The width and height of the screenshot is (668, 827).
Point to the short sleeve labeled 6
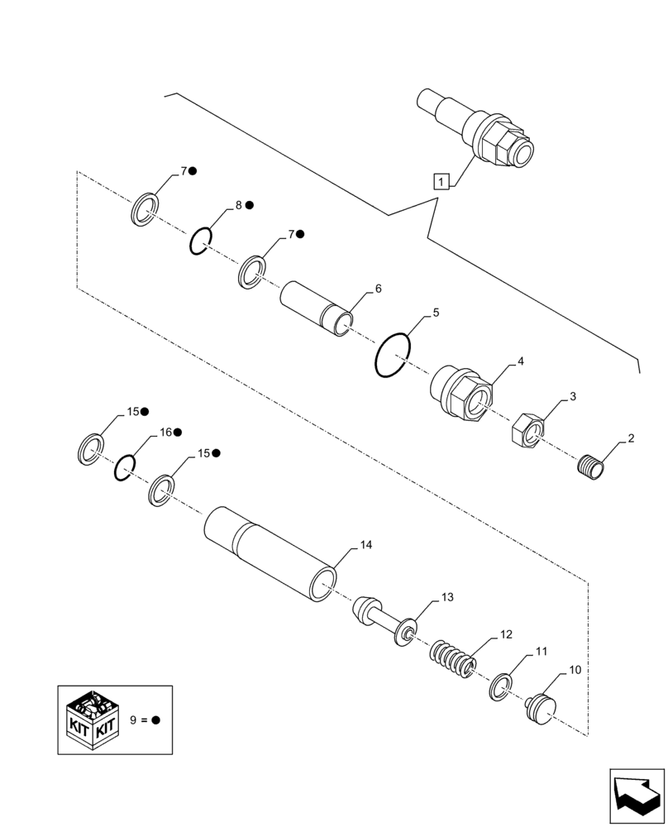pyautogui.click(x=317, y=308)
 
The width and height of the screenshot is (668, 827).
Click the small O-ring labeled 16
pyautogui.click(x=124, y=468)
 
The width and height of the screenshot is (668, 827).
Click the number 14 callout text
pyautogui.click(x=365, y=545)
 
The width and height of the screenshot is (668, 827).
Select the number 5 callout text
pyautogui.click(x=436, y=313)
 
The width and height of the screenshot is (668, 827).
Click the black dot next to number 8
pyautogui.click(x=249, y=204)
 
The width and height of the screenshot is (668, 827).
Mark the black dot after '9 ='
pyautogui.click(x=155, y=720)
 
